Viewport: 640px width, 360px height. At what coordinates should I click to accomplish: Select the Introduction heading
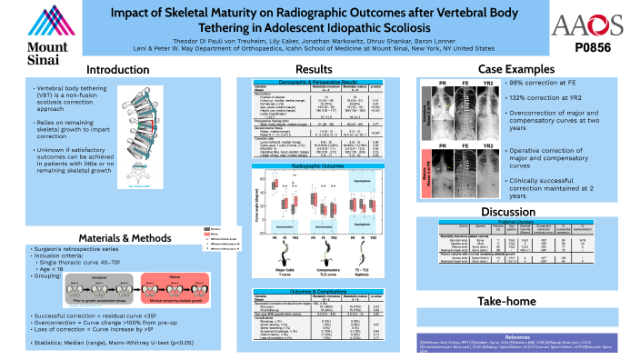click(x=117, y=70)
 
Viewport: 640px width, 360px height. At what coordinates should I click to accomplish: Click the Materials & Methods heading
click(x=118, y=235)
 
